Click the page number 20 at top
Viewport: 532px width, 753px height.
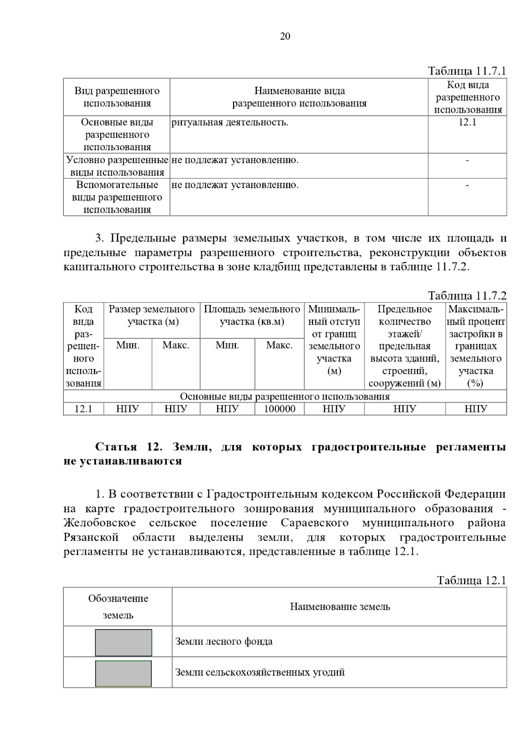[x=285, y=36]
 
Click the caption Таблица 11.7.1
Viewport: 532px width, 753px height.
[x=466, y=71]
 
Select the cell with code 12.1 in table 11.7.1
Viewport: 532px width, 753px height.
[x=467, y=123]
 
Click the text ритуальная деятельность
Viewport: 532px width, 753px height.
[x=230, y=123]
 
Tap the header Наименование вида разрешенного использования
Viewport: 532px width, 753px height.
[x=299, y=97]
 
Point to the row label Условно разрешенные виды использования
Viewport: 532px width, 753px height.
[x=117, y=166]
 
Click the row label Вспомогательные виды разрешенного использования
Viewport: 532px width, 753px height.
[x=117, y=197]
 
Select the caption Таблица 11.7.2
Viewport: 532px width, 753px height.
[x=466, y=296]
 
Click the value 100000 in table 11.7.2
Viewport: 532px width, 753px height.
[x=279, y=409]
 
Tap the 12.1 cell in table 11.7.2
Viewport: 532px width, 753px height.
[x=83, y=409]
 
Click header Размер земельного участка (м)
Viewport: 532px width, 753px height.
[x=152, y=315]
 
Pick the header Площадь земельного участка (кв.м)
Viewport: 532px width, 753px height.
[x=252, y=315]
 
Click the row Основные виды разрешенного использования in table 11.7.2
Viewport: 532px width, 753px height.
[x=285, y=396]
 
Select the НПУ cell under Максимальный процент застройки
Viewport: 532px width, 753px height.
[x=476, y=409]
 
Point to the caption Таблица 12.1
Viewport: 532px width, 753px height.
[x=471, y=580]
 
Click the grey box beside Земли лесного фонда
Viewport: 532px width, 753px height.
[x=123, y=643]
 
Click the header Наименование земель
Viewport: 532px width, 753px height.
[x=340, y=607]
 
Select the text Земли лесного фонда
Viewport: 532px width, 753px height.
[x=224, y=642]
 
